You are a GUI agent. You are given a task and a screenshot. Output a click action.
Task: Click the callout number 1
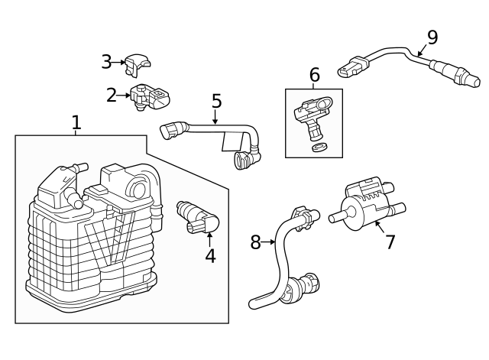pyautogui.click(x=76, y=122)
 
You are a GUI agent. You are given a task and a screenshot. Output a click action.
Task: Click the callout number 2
pyautogui.click(x=112, y=96)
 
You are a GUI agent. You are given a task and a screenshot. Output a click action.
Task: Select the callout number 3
pyautogui.click(x=107, y=62)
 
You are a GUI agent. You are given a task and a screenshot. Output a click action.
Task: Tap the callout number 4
pyautogui.click(x=210, y=256)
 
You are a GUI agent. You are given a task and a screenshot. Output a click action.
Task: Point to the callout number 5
pyautogui.click(x=216, y=101)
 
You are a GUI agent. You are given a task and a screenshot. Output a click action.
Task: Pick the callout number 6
pyautogui.click(x=314, y=75)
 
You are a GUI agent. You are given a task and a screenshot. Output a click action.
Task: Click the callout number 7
pyautogui.click(x=390, y=242)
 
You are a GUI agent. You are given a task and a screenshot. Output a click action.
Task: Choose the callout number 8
pyautogui.click(x=255, y=243)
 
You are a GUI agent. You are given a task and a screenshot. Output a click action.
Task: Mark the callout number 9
pyautogui.click(x=432, y=36)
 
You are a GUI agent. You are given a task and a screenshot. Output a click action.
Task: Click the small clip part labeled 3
pyautogui.click(x=138, y=65)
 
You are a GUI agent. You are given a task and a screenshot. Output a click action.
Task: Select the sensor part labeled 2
pyautogui.click(x=150, y=98)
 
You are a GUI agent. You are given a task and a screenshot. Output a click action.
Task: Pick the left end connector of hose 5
pyautogui.click(x=170, y=130)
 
